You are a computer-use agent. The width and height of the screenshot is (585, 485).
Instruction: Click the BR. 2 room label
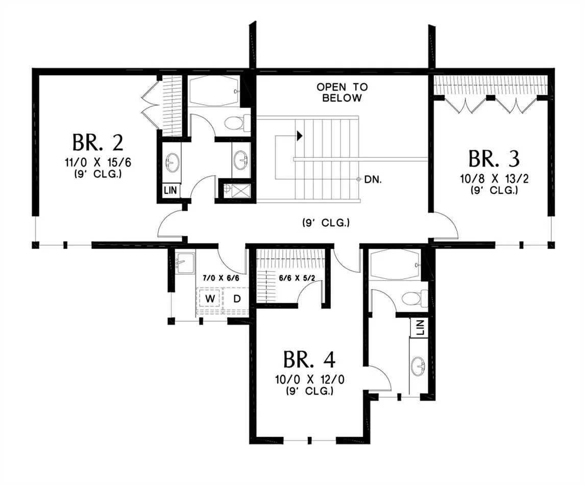(97, 142)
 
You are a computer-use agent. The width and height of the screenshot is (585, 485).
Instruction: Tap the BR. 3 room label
(494, 159)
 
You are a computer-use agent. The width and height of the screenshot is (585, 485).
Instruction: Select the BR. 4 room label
(309, 359)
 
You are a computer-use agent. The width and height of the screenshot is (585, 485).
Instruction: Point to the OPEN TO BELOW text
(342, 92)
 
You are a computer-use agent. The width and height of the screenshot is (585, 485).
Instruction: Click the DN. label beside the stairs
(373, 180)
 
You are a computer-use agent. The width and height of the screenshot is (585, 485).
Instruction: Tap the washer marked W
(210, 299)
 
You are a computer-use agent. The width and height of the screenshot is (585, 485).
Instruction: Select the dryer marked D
(236, 299)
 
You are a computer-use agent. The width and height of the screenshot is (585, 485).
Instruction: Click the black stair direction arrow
(299, 136)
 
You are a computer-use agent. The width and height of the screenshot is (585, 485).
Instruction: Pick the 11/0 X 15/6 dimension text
(98, 163)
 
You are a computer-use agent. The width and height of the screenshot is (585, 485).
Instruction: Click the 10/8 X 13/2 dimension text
(494, 179)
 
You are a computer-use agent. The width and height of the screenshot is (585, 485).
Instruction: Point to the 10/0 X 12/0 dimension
(310, 380)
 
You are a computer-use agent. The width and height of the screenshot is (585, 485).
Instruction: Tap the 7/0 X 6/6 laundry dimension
(221, 278)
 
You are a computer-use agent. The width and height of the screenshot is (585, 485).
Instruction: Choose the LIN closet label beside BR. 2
(170, 190)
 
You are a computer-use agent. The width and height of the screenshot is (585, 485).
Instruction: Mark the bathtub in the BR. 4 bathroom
(397, 264)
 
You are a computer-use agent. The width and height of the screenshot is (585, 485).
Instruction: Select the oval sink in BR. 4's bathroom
(418, 367)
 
